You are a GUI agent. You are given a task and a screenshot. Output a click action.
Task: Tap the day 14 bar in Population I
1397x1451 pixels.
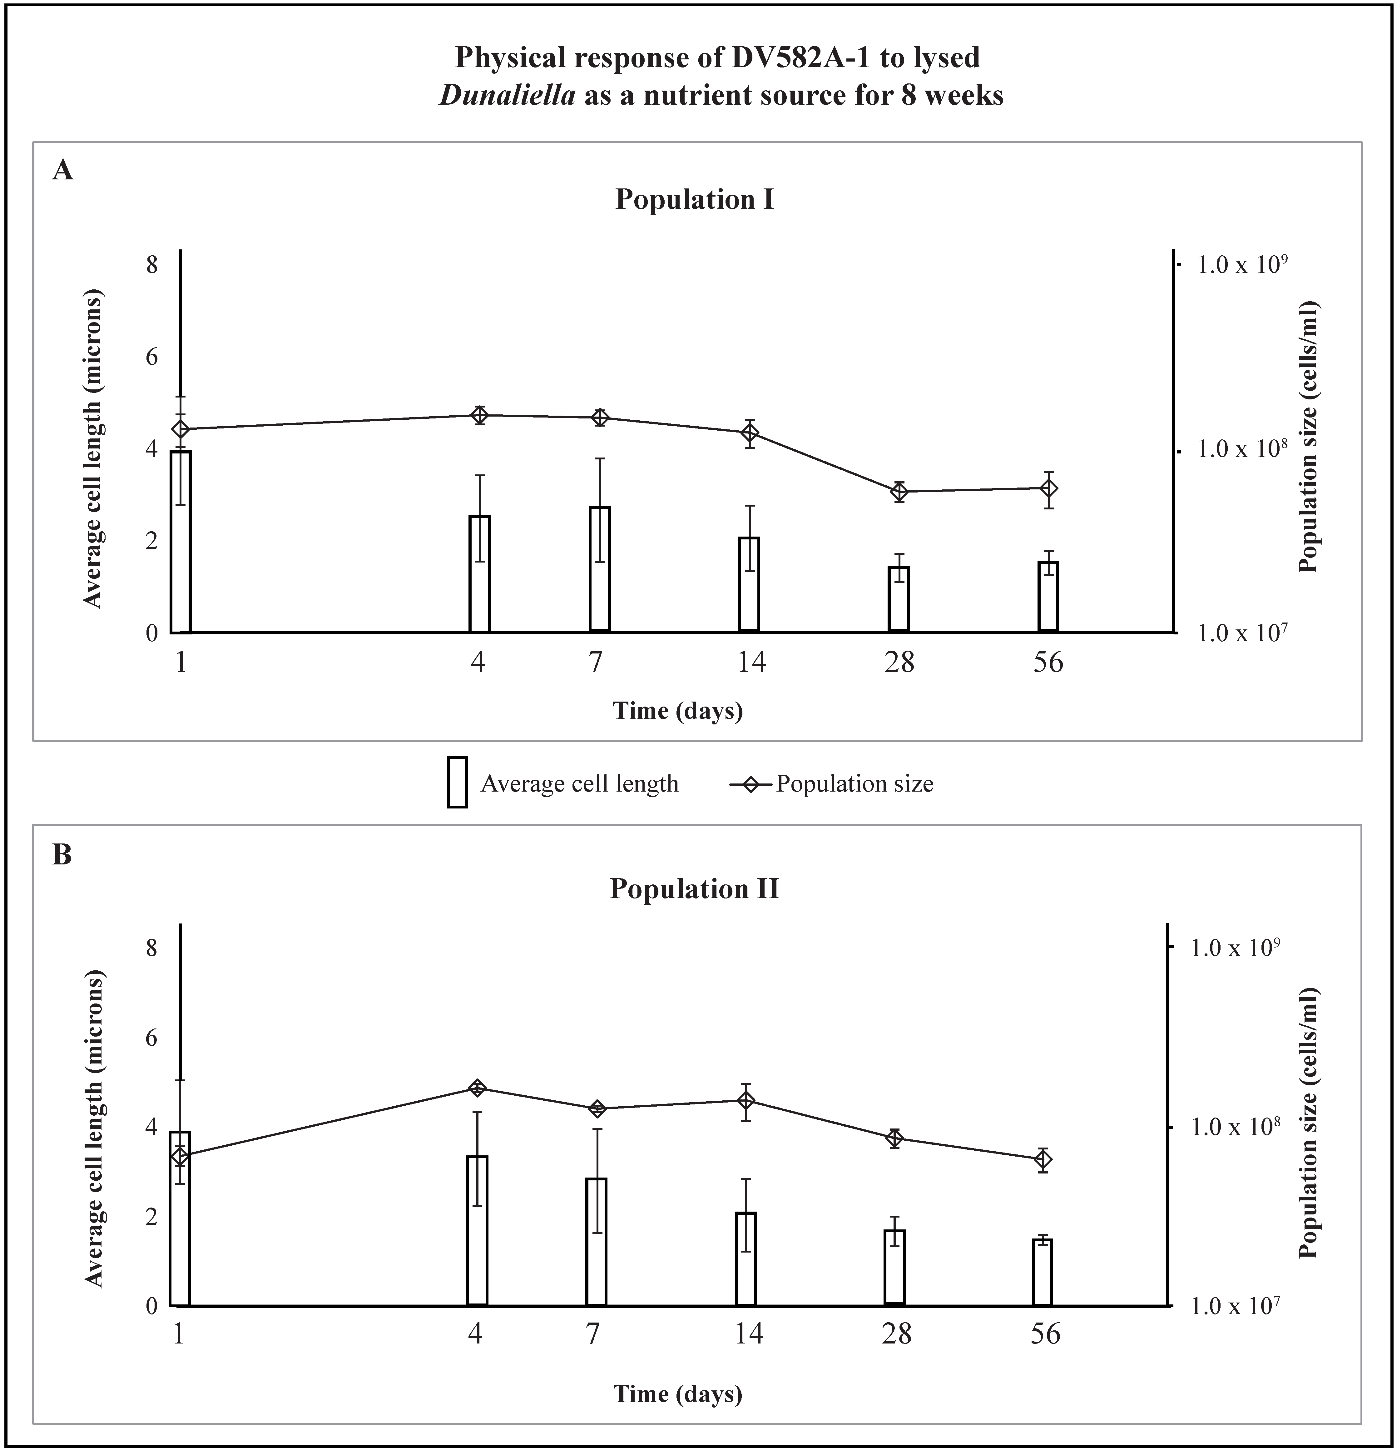(x=750, y=585)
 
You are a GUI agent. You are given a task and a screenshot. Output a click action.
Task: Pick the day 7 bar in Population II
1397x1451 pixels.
(x=597, y=1242)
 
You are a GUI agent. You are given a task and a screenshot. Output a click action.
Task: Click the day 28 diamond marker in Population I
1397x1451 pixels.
(x=899, y=492)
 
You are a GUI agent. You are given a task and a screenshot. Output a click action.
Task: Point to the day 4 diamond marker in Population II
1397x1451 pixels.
(x=477, y=1088)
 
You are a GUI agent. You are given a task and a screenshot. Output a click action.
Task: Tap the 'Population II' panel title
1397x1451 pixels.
(x=694, y=888)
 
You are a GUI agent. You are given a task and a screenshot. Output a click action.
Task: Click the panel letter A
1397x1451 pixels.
(x=63, y=171)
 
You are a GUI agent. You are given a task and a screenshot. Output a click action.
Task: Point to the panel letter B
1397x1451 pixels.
(x=62, y=855)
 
